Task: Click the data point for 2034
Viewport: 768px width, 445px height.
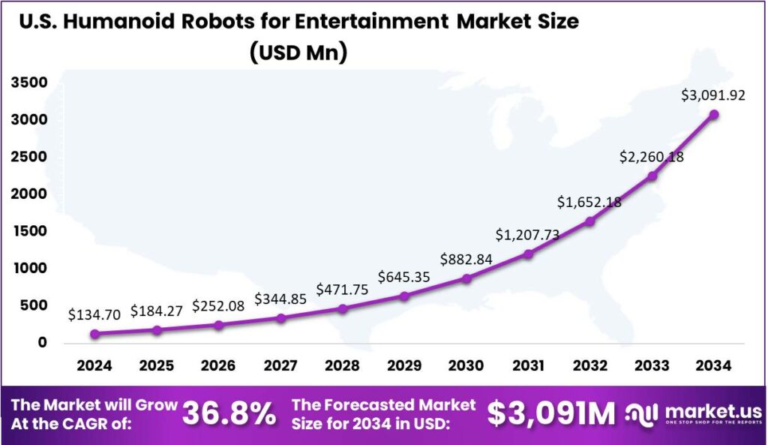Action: (x=714, y=115)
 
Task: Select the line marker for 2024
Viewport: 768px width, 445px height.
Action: (x=95, y=334)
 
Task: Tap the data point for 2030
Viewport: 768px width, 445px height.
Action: (x=466, y=278)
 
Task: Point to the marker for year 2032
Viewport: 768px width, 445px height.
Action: (x=590, y=221)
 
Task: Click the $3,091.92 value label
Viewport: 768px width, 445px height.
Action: (x=713, y=95)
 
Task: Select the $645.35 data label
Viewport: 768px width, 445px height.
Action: (x=404, y=277)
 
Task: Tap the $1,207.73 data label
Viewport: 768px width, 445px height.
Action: (x=527, y=234)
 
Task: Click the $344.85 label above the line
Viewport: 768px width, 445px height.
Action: (x=280, y=299)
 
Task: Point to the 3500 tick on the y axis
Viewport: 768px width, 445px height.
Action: (x=28, y=83)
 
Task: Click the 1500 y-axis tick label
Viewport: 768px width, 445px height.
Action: (x=28, y=231)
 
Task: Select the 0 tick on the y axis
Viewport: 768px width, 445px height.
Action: (x=41, y=342)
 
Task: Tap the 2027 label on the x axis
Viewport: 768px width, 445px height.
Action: (x=280, y=365)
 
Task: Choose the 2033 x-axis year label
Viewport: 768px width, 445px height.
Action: (x=652, y=365)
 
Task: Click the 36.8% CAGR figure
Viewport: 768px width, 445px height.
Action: (x=229, y=413)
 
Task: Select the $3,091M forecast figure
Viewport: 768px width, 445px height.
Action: (x=551, y=413)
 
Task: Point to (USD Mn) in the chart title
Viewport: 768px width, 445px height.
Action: (x=299, y=53)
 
